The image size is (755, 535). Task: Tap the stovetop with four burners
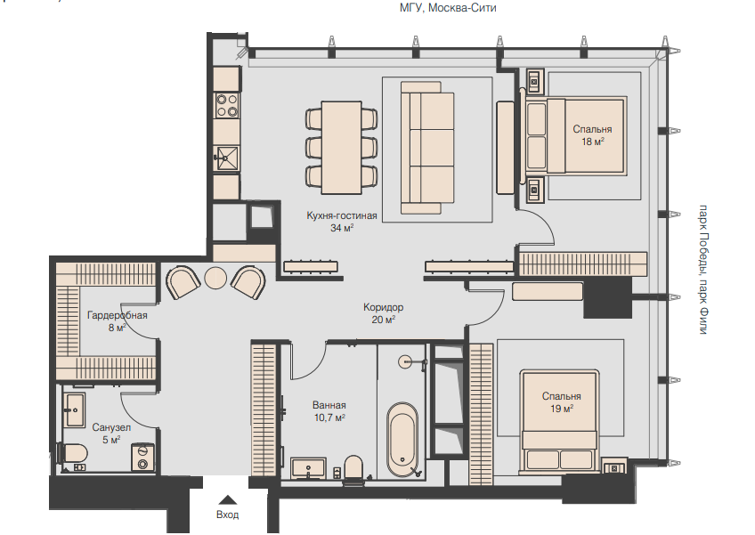click(x=227, y=105)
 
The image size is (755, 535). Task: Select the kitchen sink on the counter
click(x=227, y=158)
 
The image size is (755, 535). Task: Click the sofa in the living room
click(x=427, y=148)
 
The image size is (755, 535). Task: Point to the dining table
click(x=341, y=148)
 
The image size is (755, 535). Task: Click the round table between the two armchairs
click(x=215, y=278)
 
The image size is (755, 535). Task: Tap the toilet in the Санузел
click(x=73, y=453)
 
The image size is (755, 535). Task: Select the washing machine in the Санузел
click(x=143, y=457)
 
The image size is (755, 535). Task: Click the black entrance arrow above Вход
click(x=227, y=500)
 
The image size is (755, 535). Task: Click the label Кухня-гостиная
click(x=341, y=215)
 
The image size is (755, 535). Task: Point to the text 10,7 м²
click(x=329, y=417)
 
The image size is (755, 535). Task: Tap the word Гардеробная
click(x=117, y=315)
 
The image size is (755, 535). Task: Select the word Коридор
click(x=383, y=307)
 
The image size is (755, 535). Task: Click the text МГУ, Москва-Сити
click(x=448, y=8)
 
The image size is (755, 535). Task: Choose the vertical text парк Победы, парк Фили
click(x=703, y=269)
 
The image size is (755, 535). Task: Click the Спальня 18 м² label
click(x=592, y=135)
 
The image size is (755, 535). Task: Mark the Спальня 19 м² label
click(x=562, y=402)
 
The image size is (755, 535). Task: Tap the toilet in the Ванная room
click(x=353, y=467)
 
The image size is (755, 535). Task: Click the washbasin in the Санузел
click(x=75, y=409)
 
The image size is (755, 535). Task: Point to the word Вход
click(x=227, y=515)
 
